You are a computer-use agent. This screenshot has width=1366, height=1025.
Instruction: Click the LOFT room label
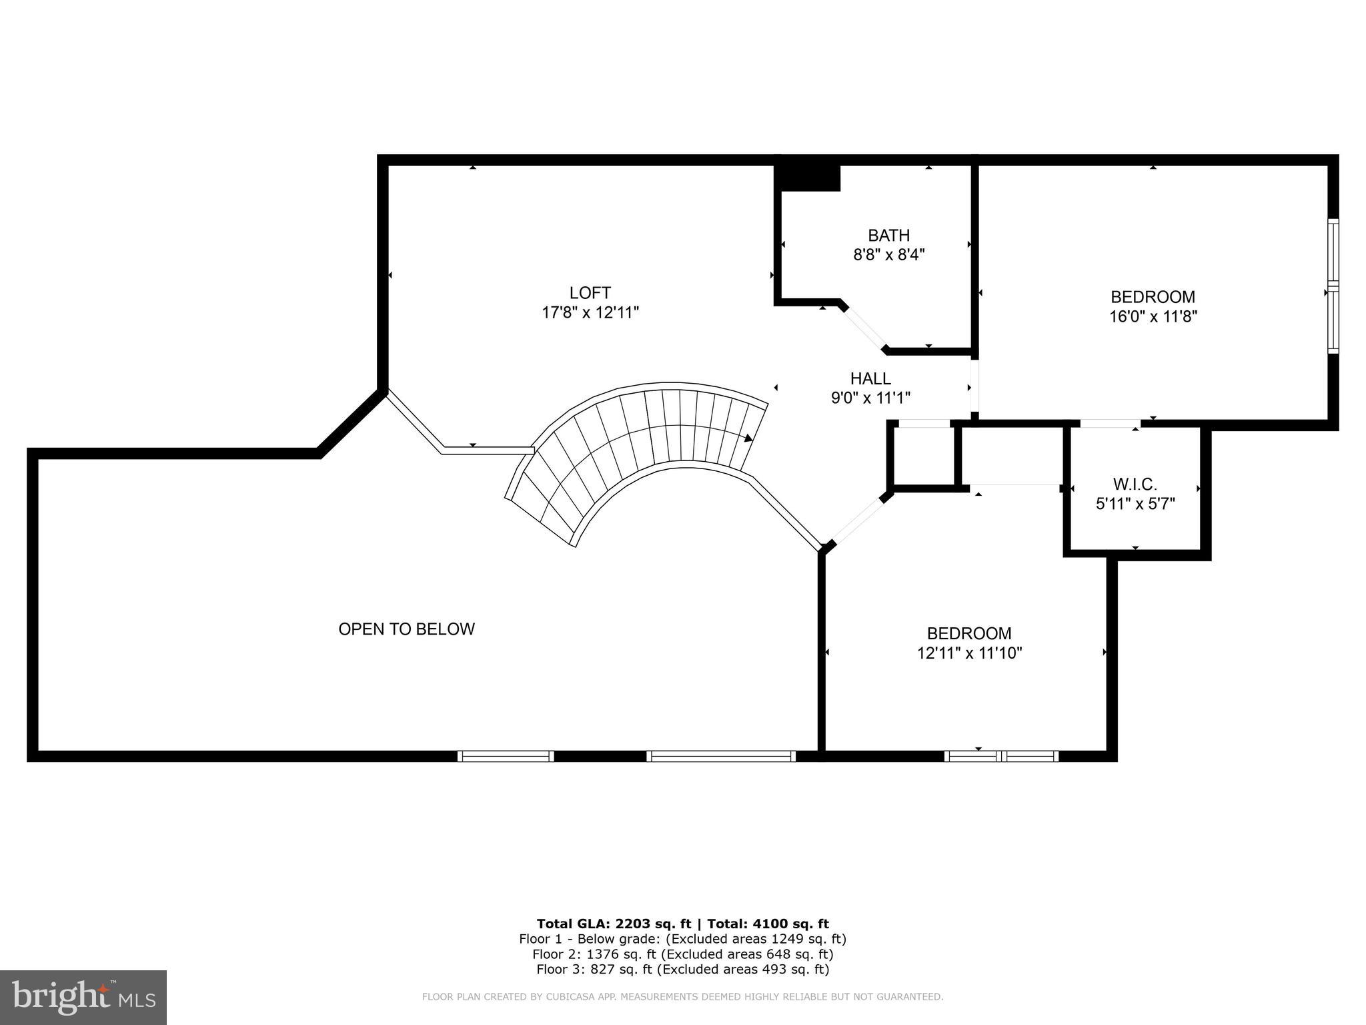[590, 293]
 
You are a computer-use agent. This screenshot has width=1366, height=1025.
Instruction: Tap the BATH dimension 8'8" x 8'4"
[888, 254]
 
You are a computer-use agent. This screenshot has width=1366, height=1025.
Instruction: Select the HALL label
[870, 378]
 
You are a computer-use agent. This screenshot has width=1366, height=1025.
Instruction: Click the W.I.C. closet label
[1135, 484]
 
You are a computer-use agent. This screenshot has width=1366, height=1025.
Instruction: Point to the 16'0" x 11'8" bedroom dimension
[1153, 316]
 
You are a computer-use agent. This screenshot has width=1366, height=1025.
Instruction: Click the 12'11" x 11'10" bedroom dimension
[969, 653]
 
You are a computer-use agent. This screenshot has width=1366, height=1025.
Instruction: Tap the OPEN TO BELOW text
[406, 629]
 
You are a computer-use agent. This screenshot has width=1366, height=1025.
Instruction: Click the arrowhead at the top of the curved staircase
[748, 438]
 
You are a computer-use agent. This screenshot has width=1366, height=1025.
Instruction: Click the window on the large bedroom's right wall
[1333, 286]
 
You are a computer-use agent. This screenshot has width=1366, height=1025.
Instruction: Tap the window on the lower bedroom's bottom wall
[1001, 756]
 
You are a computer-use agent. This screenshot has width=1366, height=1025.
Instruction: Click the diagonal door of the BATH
[864, 328]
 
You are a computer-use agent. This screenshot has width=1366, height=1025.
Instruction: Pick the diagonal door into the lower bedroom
[857, 521]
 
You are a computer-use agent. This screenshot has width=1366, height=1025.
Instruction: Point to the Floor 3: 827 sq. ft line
[682, 969]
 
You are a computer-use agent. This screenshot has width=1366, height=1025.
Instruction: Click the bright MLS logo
[83, 997]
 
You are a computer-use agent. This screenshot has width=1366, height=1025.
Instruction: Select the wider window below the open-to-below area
[721, 756]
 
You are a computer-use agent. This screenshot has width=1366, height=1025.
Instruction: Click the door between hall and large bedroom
[974, 386]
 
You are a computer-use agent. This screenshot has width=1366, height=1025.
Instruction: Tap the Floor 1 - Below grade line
[682, 939]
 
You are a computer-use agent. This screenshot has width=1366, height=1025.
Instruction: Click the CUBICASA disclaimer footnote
[682, 997]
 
